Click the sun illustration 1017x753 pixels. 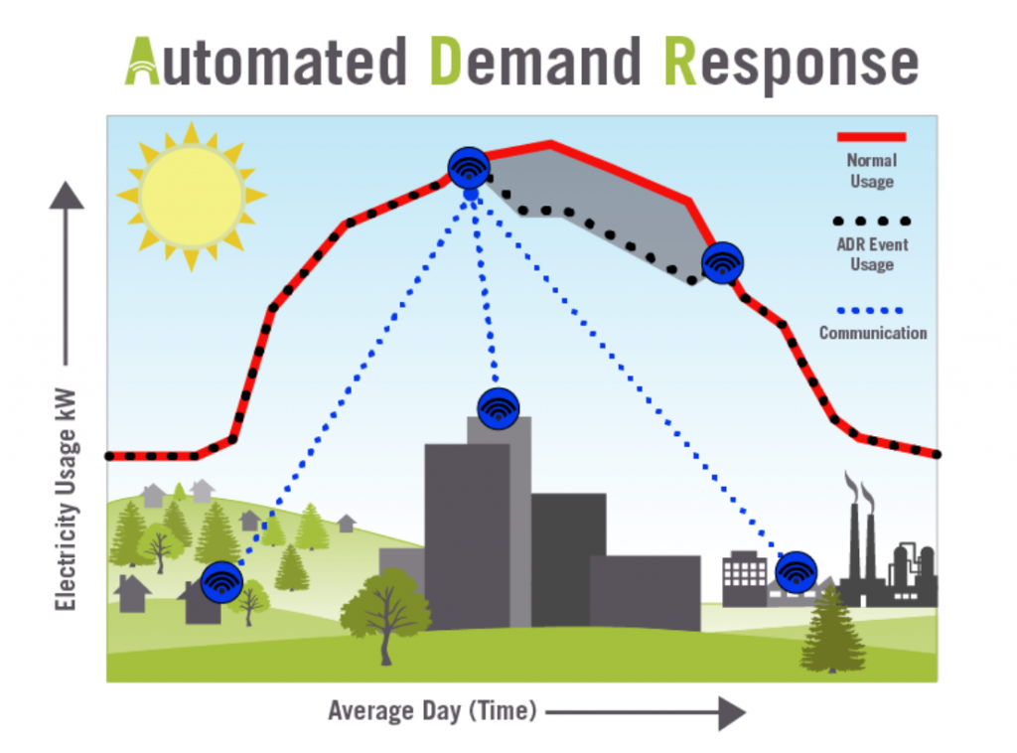192,196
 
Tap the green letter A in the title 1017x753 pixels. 142,62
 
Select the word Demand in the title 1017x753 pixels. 535,62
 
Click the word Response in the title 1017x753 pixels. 792,65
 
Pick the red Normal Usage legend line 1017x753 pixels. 871,137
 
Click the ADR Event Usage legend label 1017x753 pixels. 872,254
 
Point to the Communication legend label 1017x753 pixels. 873,333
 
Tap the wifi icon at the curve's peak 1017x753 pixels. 469,168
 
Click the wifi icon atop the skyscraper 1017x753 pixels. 499,408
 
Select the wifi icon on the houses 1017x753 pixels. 221,582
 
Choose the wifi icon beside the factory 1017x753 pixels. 796,572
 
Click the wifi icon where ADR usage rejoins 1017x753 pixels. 723,262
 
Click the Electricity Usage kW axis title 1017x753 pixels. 66,500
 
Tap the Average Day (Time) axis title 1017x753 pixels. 433,711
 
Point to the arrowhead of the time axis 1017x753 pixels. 732,713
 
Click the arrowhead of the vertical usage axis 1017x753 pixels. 67,196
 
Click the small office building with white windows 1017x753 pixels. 745,577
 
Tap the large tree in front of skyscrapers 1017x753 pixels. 386,613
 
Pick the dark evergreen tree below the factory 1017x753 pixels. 833,628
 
